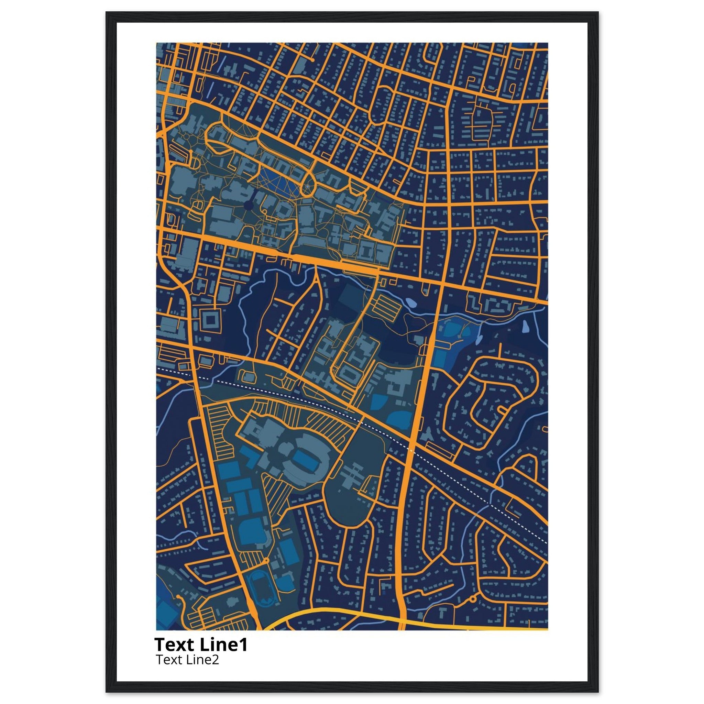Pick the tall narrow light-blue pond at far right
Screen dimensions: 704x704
(526, 327)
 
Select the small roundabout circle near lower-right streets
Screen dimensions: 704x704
(473, 599)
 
